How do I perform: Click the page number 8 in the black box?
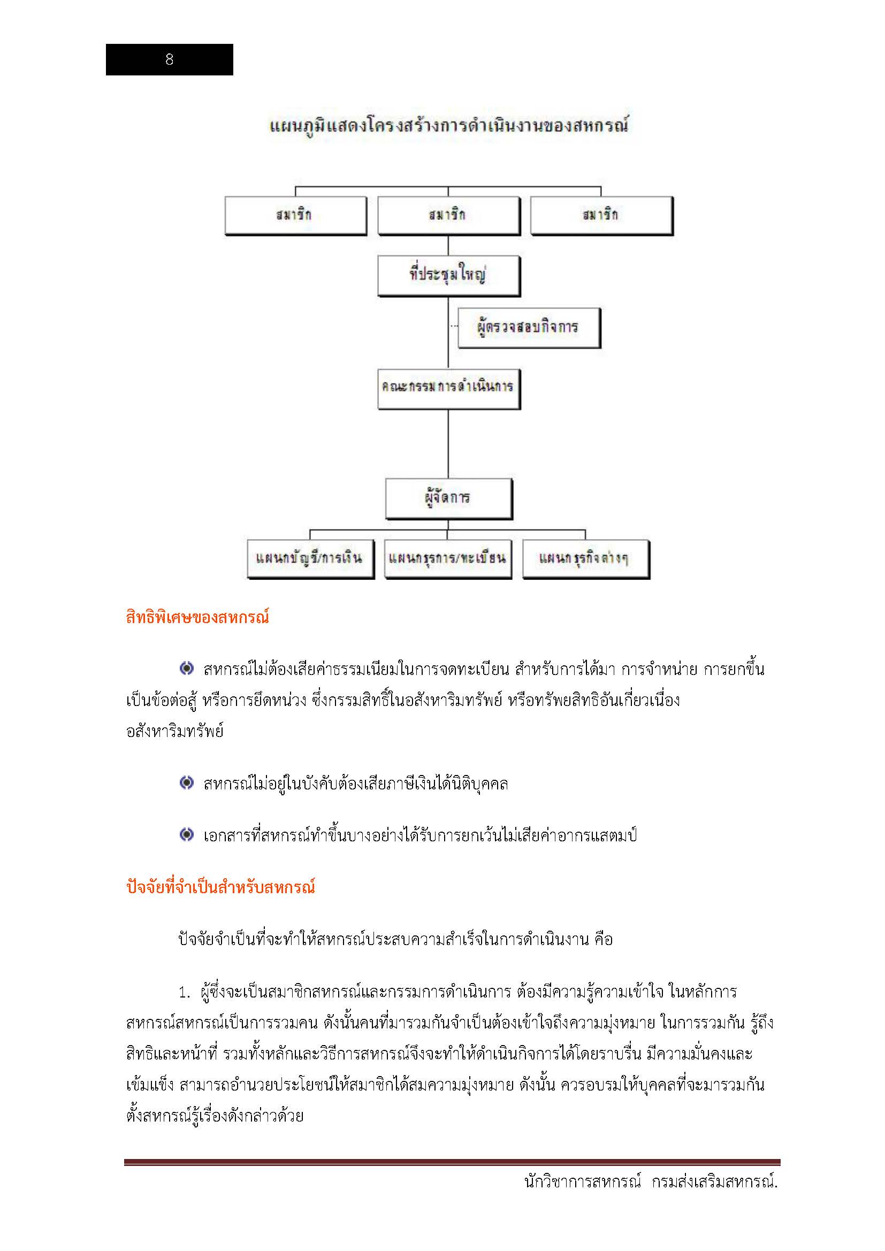(x=169, y=59)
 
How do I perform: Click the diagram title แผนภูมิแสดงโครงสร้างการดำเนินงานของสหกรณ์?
(x=449, y=126)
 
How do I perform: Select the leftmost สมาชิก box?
(x=295, y=216)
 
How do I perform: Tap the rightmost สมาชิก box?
(x=601, y=216)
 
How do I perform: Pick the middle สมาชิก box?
(x=448, y=216)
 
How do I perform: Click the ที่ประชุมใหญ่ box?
(x=448, y=275)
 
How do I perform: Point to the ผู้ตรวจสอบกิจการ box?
(x=528, y=327)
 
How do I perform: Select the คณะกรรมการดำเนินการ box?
(x=448, y=388)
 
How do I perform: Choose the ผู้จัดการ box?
(x=448, y=498)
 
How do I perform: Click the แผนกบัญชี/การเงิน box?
(x=310, y=558)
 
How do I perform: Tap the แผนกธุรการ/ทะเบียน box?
(x=448, y=558)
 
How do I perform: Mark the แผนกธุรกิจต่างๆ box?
(x=585, y=558)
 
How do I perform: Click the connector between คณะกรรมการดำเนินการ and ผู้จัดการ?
(x=448, y=443)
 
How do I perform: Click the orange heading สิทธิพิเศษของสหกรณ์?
(x=197, y=618)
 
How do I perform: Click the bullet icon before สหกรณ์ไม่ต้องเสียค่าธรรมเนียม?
(x=186, y=669)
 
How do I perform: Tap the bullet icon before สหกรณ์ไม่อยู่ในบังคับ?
(x=186, y=783)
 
